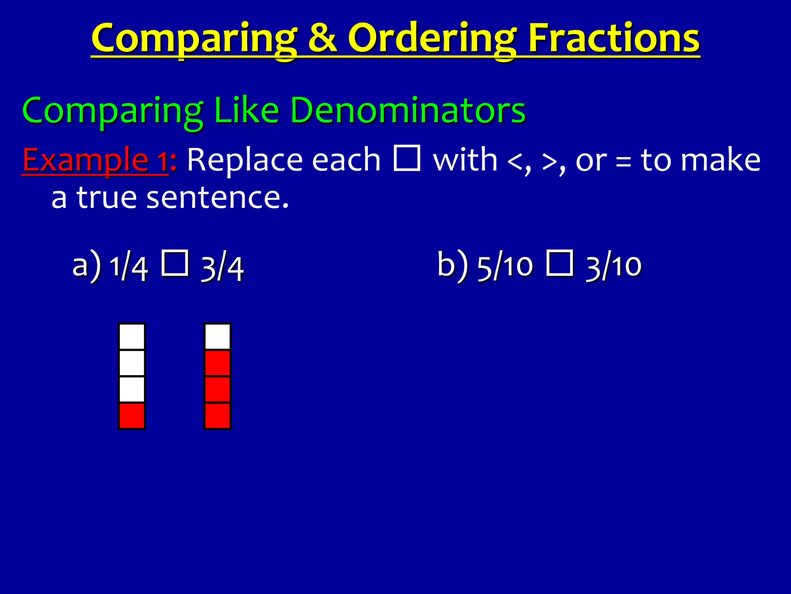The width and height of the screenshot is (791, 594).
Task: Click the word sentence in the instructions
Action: pyautogui.click(x=217, y=197)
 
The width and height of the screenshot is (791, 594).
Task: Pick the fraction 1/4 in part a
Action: pyautogui.click(x=129, y=267)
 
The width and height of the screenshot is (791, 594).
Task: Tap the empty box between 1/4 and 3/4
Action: pyautogui.click(x=175, y=263)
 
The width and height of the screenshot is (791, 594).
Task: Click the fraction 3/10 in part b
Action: pyautogui.click(x=614, y=267)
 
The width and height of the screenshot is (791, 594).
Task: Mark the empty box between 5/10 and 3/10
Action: pyautogui.click(x=560, y=263)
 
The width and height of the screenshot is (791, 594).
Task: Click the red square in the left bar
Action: pyautogui.click(x=132, y=416)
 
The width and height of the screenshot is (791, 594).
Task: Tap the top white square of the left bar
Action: pyautogui.click(x=132, y=336)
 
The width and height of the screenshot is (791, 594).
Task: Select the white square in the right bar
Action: pyautogui.click(x=217, y=336)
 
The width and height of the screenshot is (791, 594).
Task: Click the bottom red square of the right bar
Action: pyautogui.click(x=217, y=416)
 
